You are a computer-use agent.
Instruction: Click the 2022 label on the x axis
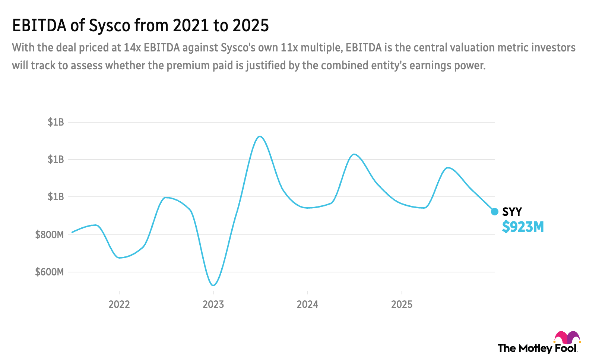(119, 304)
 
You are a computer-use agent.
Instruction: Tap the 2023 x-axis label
(213, 304)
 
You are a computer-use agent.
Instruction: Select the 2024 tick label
(307, 304)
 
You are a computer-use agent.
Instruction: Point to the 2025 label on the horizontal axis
(402, 304)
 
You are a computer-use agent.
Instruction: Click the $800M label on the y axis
(49, 235)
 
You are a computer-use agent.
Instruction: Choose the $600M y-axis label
(49, 272)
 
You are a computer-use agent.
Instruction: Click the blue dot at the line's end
(495, 212)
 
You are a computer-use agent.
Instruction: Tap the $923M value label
(523, 227)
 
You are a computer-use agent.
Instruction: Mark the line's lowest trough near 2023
(213, 285)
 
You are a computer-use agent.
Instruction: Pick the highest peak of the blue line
(260, 136)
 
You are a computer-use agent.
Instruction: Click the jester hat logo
(567, 338)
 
